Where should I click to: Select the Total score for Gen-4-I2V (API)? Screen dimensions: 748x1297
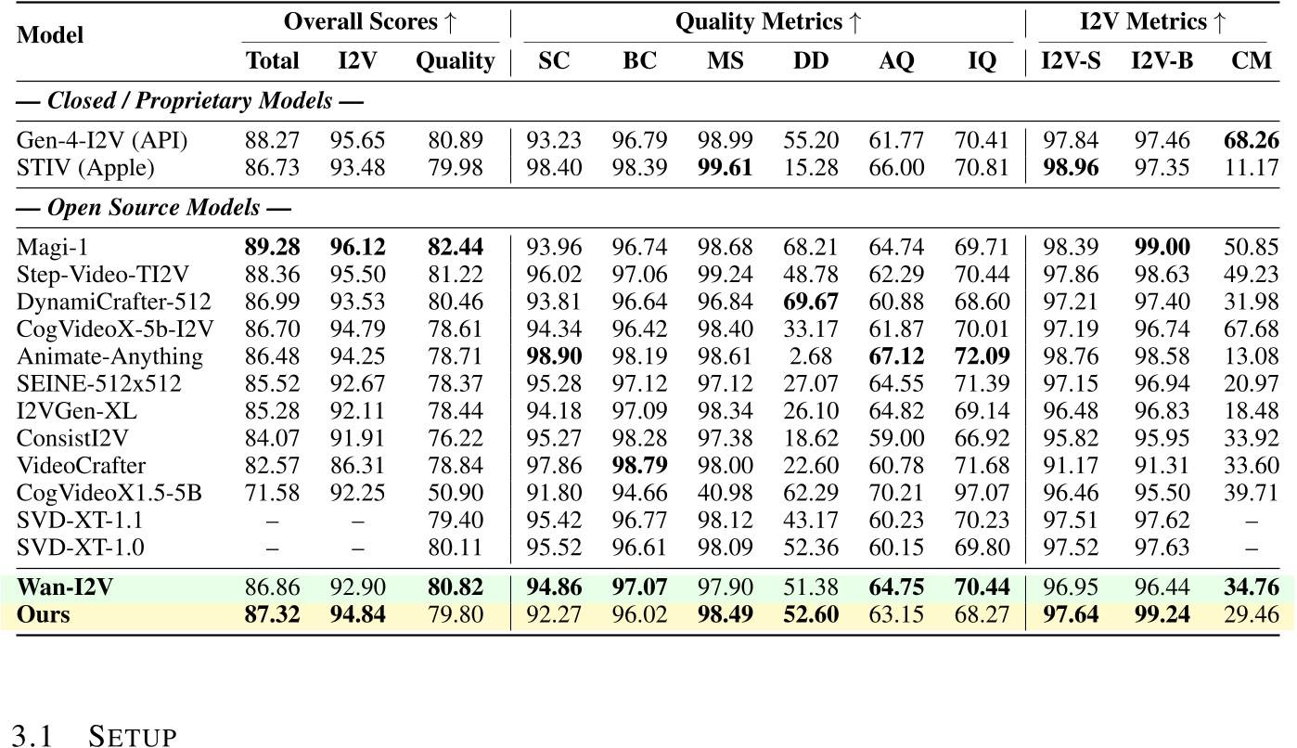point(272,140)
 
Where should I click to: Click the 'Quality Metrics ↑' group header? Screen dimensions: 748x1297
point(767,20)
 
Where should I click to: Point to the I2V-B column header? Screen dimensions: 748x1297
point(1162,61)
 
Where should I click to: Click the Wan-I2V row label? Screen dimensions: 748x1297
point(59,587)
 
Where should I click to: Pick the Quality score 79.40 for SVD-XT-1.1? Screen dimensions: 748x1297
point(455,519)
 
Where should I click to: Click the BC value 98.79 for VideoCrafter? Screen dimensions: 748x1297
point(639,465)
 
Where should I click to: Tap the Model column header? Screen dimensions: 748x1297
point(51,35)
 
